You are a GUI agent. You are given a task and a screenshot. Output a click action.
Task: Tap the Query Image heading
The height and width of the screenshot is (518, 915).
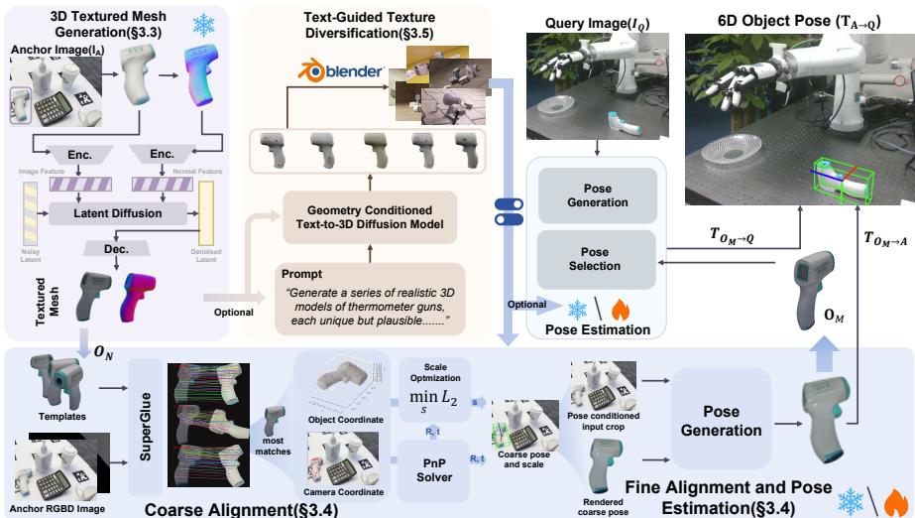coord(593,22)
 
